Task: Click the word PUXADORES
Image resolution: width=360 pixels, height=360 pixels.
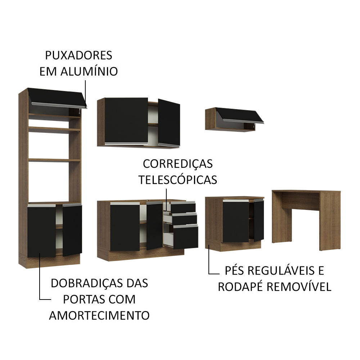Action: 78,55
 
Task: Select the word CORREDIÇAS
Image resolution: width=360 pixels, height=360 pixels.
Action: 178,163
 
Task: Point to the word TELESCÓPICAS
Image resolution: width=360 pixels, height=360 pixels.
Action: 178,179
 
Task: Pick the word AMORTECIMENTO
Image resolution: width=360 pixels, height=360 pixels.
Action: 99,315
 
